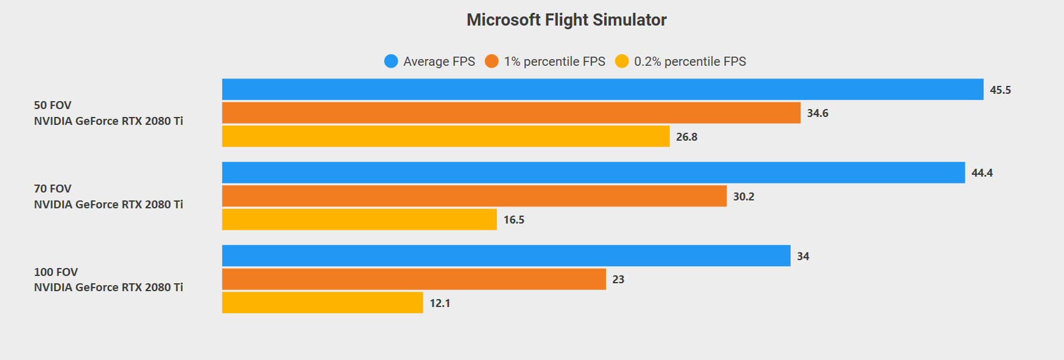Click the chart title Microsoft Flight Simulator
566,20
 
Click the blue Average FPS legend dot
391,62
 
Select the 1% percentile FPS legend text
554,62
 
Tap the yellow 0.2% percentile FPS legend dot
622,62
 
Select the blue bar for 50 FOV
602,90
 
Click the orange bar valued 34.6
511,113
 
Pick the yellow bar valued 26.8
446,136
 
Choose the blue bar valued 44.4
593,172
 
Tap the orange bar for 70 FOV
474,196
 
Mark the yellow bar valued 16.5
359,219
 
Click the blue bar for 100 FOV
506,256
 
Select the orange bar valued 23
414,279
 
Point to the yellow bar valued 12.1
322,303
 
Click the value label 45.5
1000,90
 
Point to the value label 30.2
744,197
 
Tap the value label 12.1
440,303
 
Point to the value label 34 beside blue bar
803,256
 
